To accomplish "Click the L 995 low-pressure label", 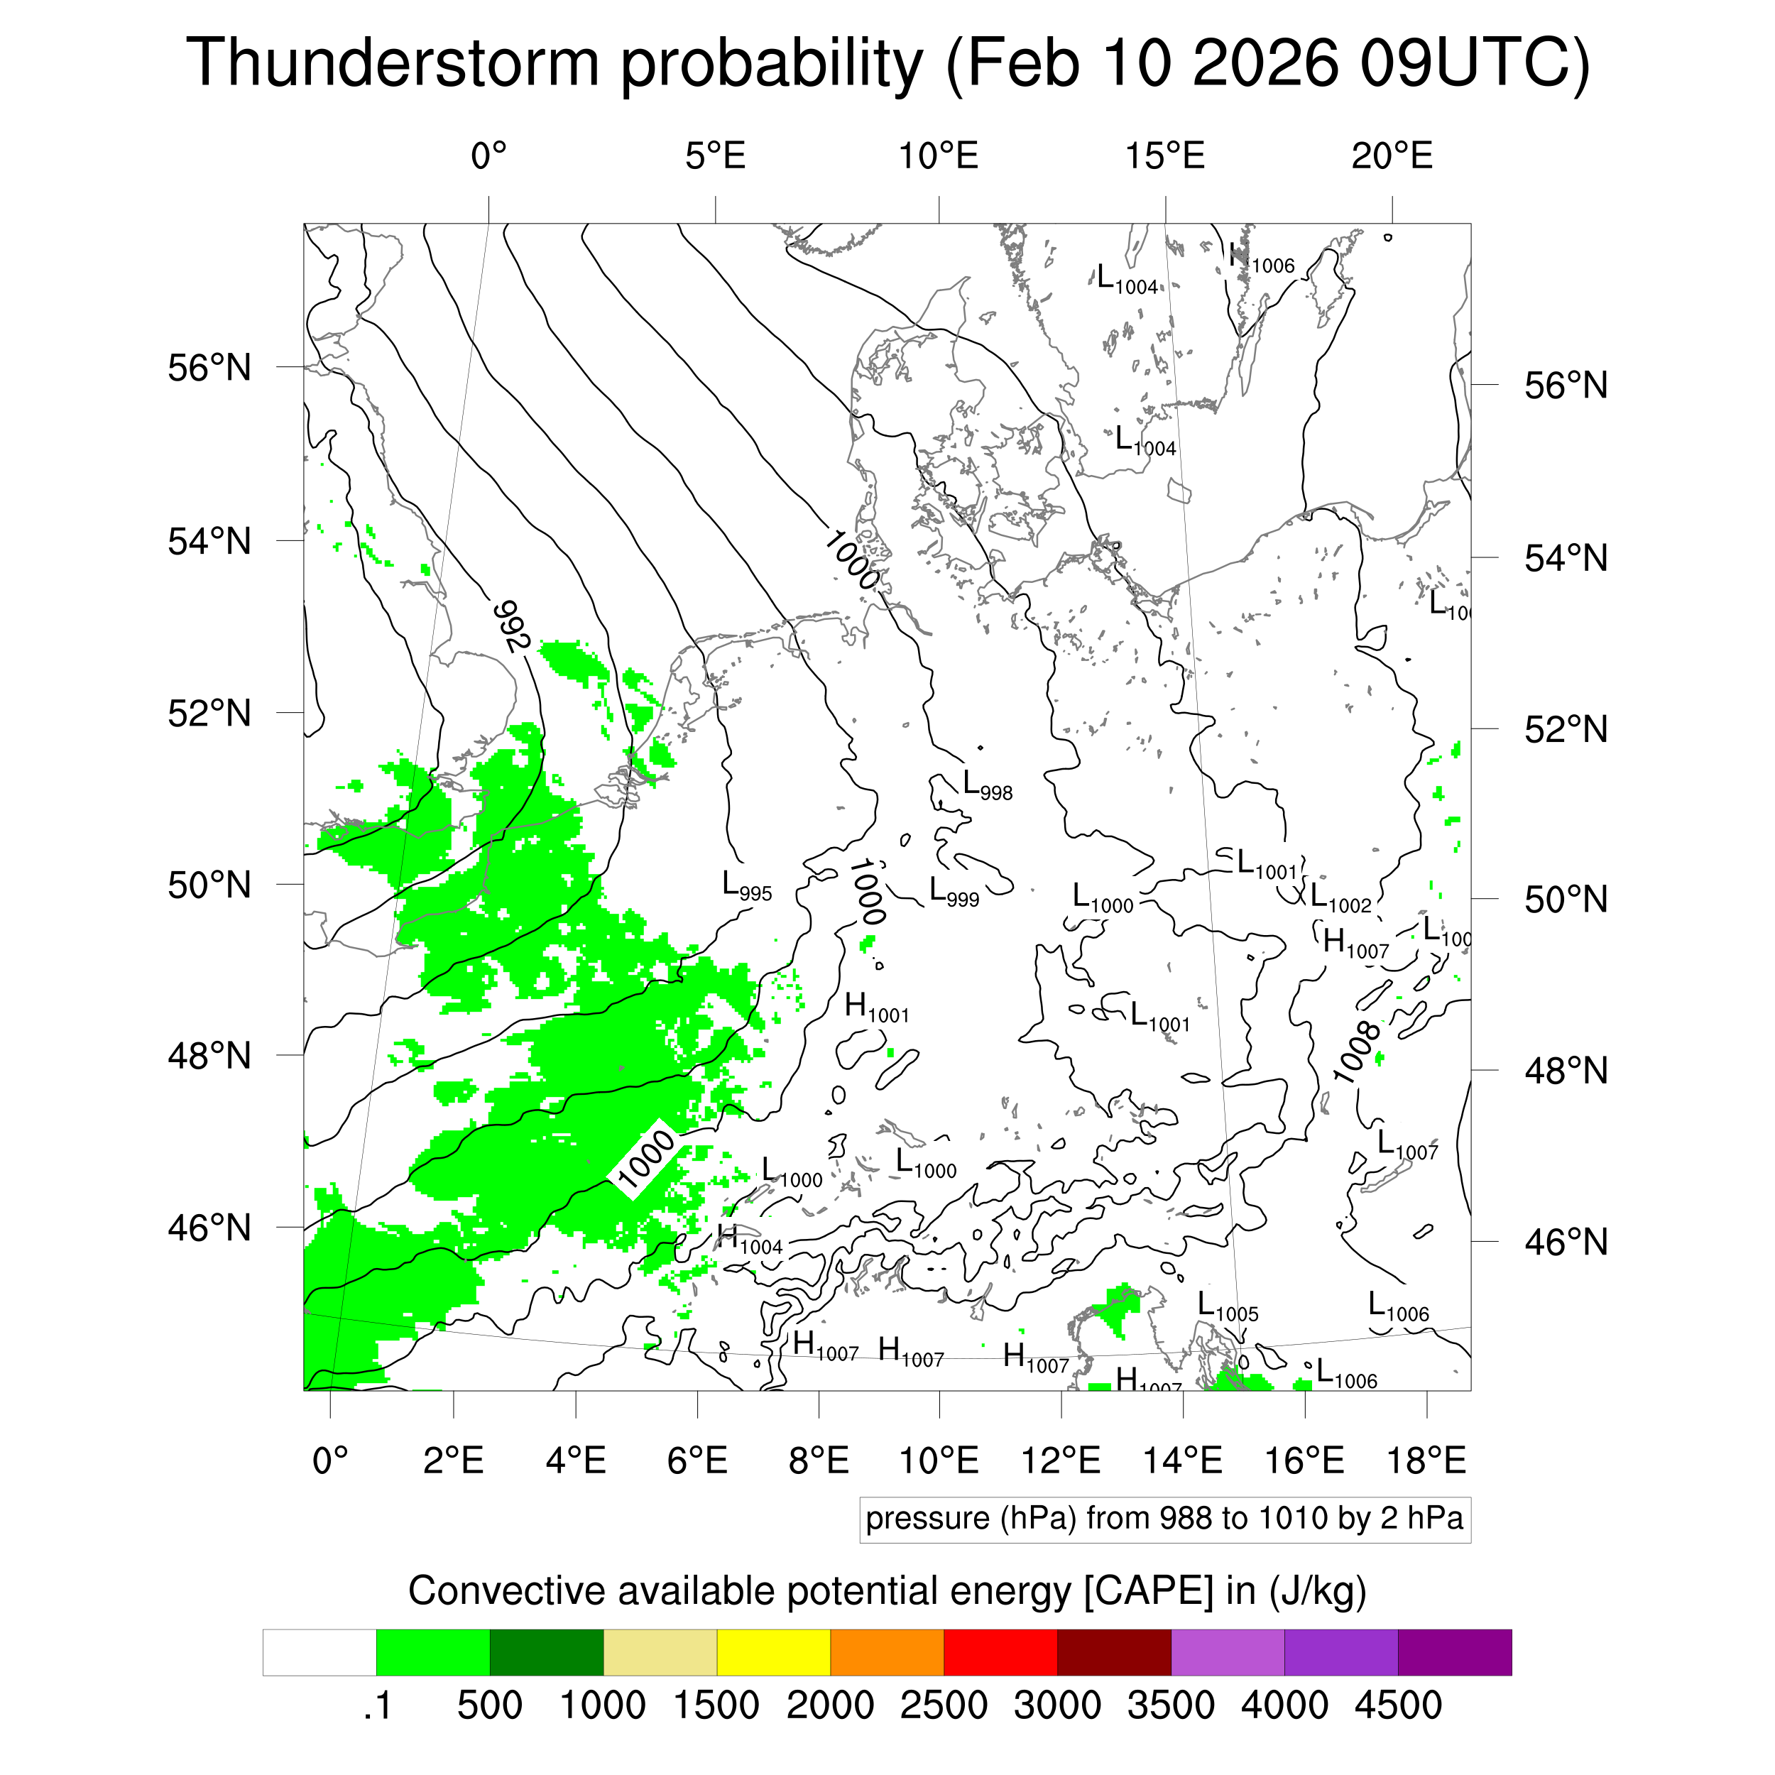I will click(746, 887).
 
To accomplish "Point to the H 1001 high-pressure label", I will click(875, 1009).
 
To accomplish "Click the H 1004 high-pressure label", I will click(749, 1240).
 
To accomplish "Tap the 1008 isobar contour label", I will click(1357, 1053).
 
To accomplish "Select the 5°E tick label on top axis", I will click(715, 156).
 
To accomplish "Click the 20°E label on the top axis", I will click(1391, 156).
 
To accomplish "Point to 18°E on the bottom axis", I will click(1426, 1460).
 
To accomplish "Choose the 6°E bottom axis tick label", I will click(697, 1460).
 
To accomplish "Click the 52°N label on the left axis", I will click(209, 713).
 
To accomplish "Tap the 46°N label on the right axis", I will click(1566, 1242).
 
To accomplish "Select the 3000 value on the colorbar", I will click(1056, 1705).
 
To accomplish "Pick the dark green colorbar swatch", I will click(546, 1653).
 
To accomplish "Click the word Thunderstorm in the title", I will click(393, 62).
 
